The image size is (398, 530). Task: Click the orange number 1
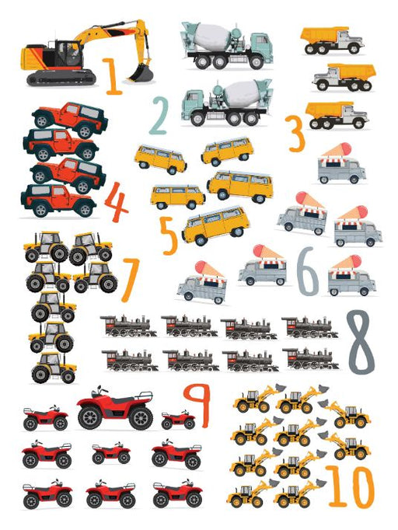point(112,76)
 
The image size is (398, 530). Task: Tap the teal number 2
point(159,116)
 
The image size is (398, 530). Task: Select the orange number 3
point(295,133)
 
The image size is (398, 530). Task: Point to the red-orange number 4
point(116,202)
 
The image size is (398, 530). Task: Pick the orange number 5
point(169,235)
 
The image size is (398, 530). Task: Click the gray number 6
point(307,271)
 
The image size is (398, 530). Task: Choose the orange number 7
point(130,279)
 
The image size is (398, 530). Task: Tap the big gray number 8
point(361,342)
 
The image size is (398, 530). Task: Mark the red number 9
point(197,406)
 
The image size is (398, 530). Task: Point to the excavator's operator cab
point(68,54)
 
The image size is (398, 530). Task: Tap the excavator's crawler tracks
point(61,78)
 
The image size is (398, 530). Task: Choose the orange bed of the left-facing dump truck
point(351,71)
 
